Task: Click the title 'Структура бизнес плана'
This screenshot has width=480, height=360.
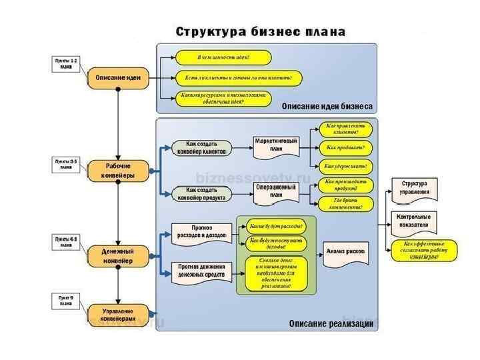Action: click(x=261, y=31)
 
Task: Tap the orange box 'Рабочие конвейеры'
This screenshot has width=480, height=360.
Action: click(x=118, y=171)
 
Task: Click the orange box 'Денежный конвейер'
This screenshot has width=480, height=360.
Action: click(x=118, y=257)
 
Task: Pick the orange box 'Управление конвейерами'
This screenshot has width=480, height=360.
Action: click(x=118, y=315)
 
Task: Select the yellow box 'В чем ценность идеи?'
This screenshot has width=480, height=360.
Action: click(x=223, y=57)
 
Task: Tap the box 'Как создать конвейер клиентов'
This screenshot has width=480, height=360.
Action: click(x=201, y=147)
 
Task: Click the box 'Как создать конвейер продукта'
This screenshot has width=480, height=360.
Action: click(x=201, y=193)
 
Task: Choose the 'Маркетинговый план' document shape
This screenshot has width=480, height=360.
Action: click(x=276, y=146)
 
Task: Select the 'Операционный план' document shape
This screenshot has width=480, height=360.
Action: click(x=276, y=192)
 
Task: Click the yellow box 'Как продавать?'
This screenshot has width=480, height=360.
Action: click(x=346, y=147)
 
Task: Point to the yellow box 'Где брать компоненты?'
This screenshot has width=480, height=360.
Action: click(x=345, y=203)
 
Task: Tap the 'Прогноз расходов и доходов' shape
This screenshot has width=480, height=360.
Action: click(x=201, y=233)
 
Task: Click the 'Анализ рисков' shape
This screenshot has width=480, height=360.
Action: click(x=345, y=252)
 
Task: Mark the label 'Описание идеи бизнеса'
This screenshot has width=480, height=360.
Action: click(x=327, y=106)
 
